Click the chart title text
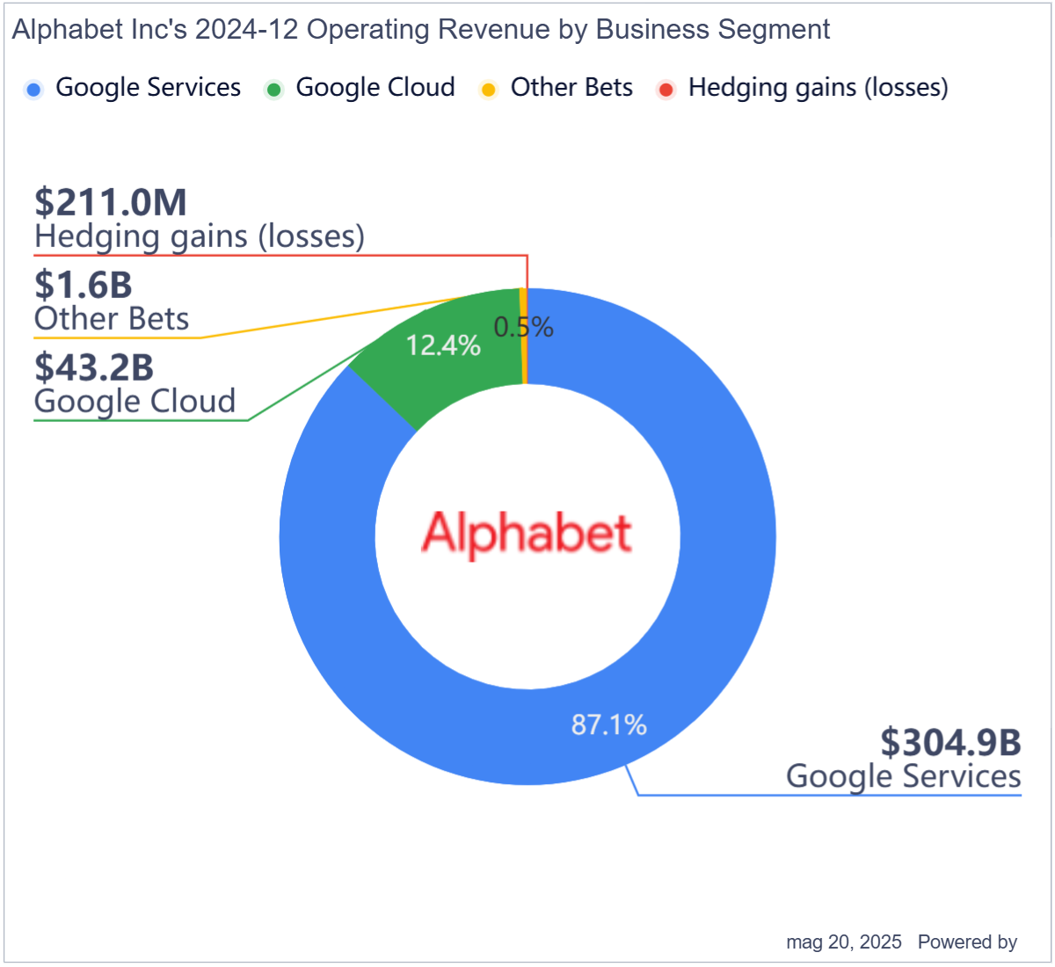tap(420, 30)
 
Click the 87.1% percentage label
tap(608, 724)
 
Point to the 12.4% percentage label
tap(443, 345)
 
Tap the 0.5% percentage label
tap(523, 327)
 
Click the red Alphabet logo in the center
tap(527, 534)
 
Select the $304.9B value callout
tap(950, 743)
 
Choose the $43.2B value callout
tap(94, 367)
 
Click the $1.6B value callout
tap(84, 285)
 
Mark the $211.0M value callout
tap(111, 202)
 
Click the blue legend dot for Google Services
tap(34, 89)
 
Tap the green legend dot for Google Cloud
tap(274, 89)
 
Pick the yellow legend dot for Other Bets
tap(489, 89)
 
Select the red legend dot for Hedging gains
tap(666, 89)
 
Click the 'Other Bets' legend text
tap(571, 88)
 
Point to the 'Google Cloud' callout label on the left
tap(135, 402)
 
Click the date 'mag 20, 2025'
tap(843, 942)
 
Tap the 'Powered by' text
tap(967, 942)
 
